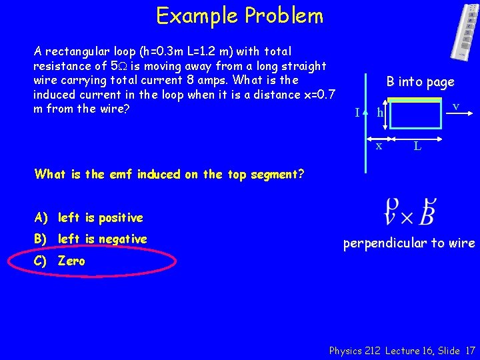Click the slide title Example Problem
[x=239, y=15]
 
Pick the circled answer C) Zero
[x=71, y=261]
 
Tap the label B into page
[x=420, y=82]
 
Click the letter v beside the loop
[x=455, y=107]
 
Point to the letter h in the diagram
[x=380, y=113]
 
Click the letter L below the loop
[x=417, y=145]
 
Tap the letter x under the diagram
[x=378, y=145]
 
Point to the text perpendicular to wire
[x=409, y=243]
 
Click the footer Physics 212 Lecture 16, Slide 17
[x=402, y=350]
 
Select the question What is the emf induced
[x=169, y=175]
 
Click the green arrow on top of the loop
[x=413, y=100]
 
